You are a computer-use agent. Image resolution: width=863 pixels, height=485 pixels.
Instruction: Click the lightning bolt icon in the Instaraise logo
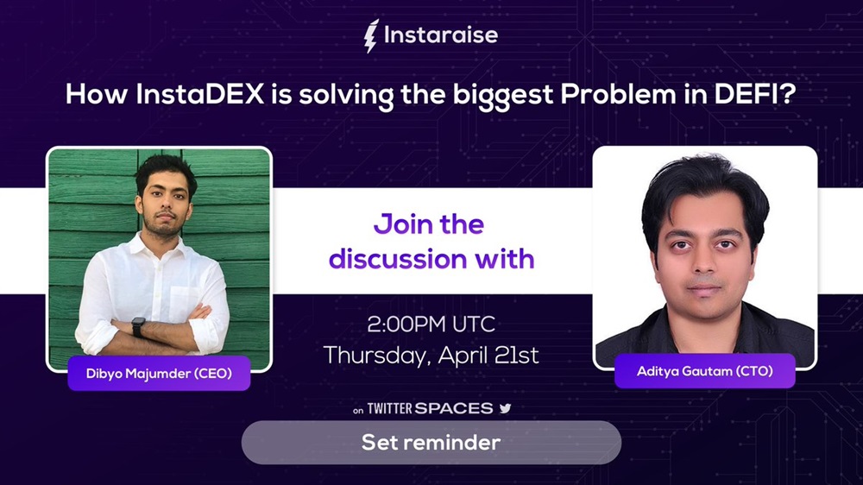(371, 35)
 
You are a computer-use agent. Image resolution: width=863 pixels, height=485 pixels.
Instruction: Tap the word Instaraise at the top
(441, 35)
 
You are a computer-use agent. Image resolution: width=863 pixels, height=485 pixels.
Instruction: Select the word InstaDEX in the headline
(200, 94)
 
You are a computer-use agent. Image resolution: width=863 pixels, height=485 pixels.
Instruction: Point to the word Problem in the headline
(619, 94)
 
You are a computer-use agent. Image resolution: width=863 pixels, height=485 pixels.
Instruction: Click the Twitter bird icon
(505, 408)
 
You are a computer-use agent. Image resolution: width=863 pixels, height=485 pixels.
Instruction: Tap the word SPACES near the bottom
(454, 408)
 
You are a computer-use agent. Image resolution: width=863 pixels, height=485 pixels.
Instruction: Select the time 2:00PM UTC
(431, 324)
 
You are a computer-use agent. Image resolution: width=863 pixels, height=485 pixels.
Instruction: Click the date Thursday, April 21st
(431, 355)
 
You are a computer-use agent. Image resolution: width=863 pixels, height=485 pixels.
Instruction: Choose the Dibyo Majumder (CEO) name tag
(159, 374)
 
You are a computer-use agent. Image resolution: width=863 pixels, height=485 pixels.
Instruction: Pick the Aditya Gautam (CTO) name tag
(705, 371)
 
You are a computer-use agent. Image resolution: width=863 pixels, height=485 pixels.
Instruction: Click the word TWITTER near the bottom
(390, 408)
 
